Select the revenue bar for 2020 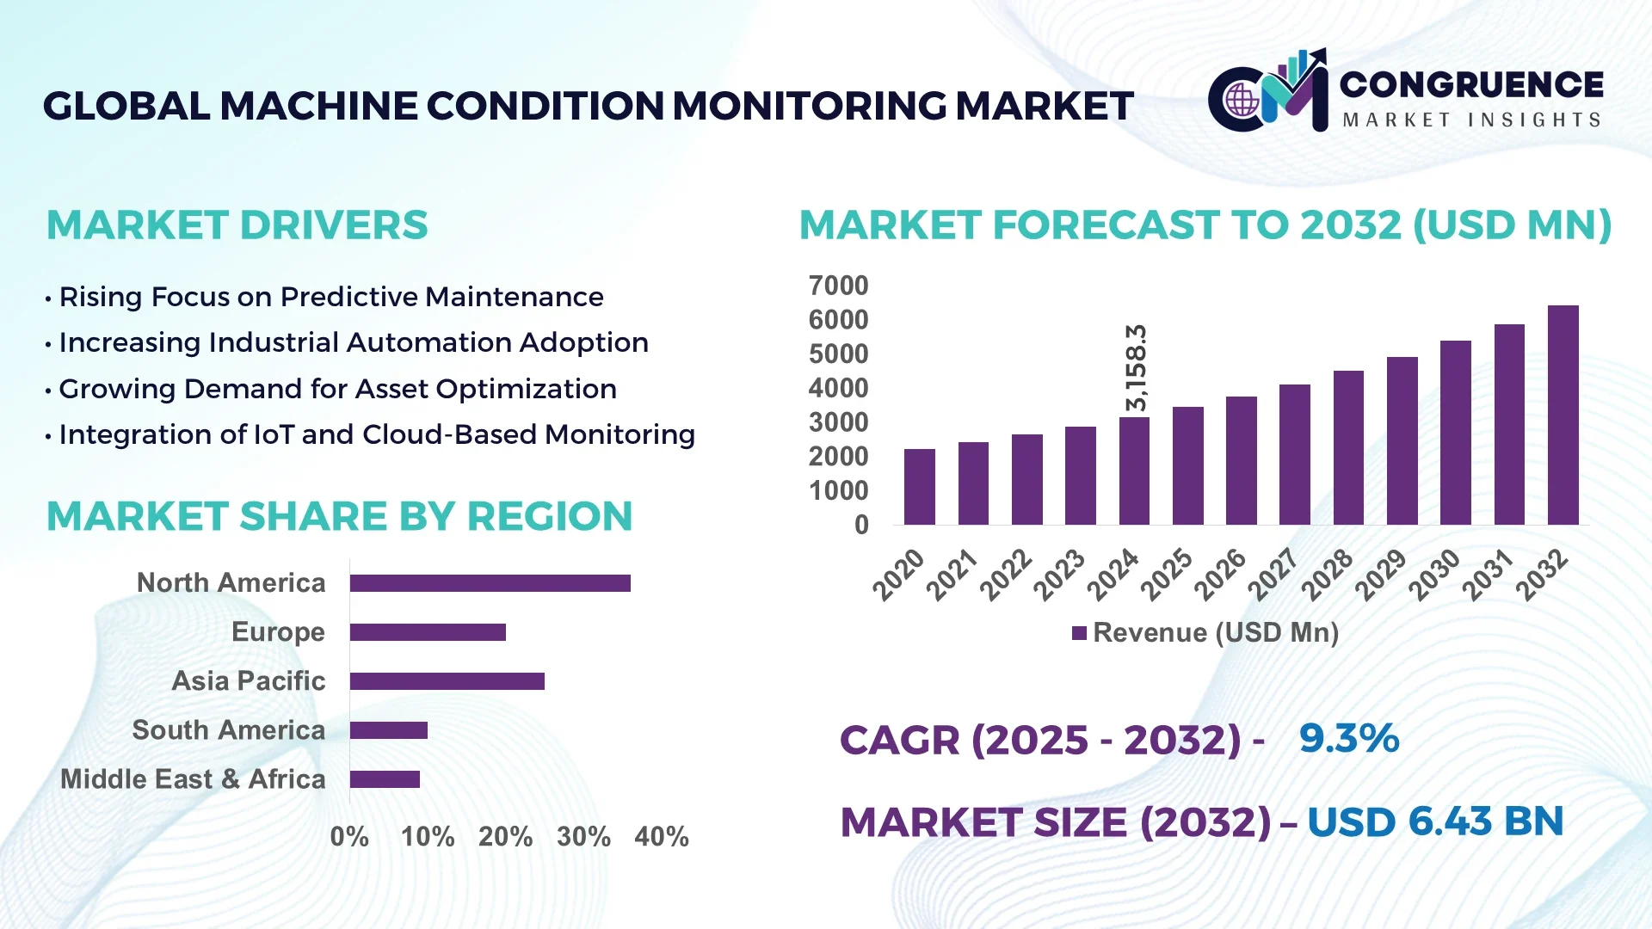click(919, 487)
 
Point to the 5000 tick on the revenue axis click(838, 354)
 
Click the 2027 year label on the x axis click(1273, 574)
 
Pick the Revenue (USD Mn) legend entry click(1205, 633)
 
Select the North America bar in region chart click(490, 583)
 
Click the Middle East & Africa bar click(385, 779)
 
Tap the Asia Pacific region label click(249, 681)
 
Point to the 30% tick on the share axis click(583, 837)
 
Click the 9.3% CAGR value click(1348, 738)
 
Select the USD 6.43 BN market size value click(1434, 821)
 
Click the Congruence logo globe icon click(1242, 100)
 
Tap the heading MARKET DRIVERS click(237, 225)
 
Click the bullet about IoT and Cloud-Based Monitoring click(376, 435)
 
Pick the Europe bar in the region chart click(428, 632)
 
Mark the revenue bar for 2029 click(1402, 441)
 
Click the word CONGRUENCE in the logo click(1470, 84)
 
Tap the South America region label click(228, 730)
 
